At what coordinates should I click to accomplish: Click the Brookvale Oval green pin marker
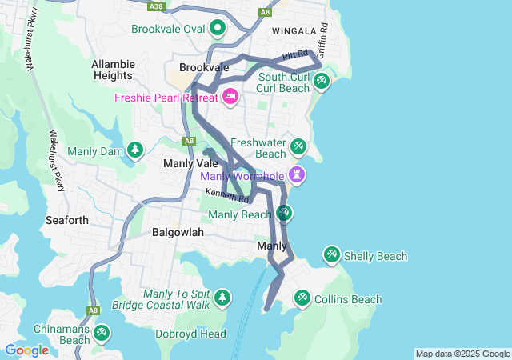pos(218,30)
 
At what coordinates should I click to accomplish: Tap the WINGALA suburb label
pos(294,31)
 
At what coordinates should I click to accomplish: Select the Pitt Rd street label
pos(295,55)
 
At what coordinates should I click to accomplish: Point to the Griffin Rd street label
pos(325,38)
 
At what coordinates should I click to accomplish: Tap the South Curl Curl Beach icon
pos(321,81)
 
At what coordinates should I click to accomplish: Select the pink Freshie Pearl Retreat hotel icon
pos(230,97)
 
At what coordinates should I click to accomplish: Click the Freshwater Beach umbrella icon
pos(298,146)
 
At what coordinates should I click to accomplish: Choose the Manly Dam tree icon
pos(135,150)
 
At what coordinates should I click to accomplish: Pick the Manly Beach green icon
pos(284,213)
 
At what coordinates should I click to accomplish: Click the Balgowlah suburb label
pos(178,232)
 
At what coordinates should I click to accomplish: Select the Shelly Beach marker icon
pos(331,255)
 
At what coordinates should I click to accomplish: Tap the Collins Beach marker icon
pos(302,298)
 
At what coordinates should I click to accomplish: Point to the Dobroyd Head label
pos(190,334)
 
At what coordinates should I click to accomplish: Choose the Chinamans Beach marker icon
pos(101,333)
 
